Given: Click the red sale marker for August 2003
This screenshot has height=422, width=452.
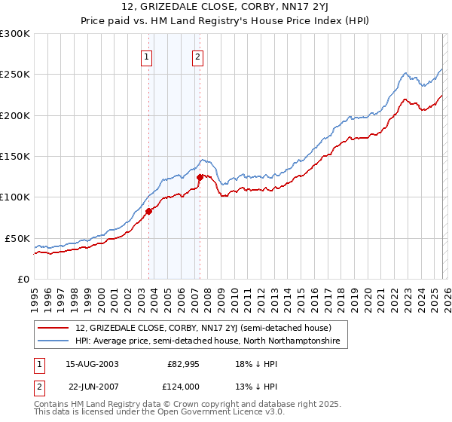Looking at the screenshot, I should click(148, 212).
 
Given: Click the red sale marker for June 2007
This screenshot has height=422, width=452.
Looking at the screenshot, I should click(200, 178).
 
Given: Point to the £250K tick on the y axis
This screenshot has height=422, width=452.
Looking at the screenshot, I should click(15, 75).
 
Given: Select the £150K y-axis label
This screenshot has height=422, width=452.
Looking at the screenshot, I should click(15, 157).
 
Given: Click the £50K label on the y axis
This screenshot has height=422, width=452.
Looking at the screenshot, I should click(17, 238).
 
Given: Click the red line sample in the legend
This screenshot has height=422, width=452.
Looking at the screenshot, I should click(53, 328).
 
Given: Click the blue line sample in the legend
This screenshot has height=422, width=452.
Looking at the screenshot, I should click(53, 341).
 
